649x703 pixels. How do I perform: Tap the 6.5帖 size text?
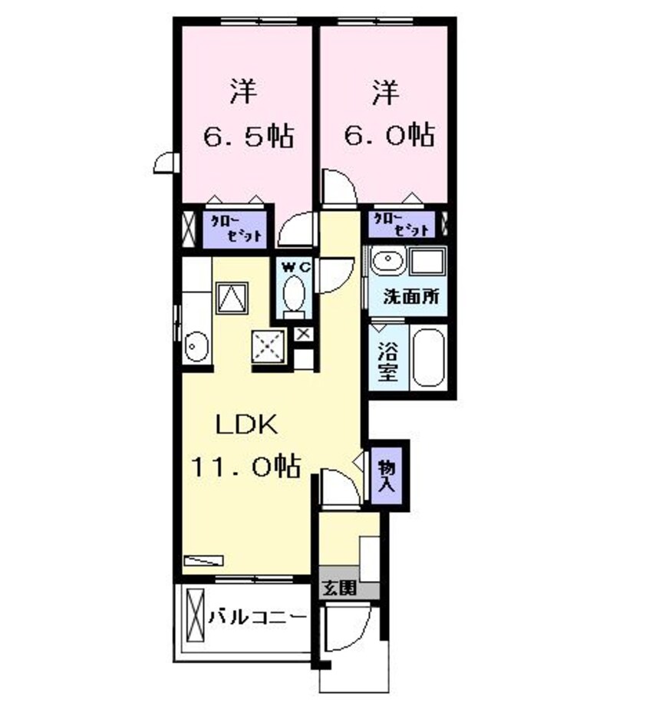[247, 137]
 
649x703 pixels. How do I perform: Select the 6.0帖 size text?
[388, 137]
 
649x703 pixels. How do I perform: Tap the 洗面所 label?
[411, 297]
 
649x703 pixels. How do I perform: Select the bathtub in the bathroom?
[427, 358]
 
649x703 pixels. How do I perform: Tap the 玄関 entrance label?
[338, 590]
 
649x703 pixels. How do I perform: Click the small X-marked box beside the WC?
[304, 335]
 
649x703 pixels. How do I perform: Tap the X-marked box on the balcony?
[193, 616]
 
